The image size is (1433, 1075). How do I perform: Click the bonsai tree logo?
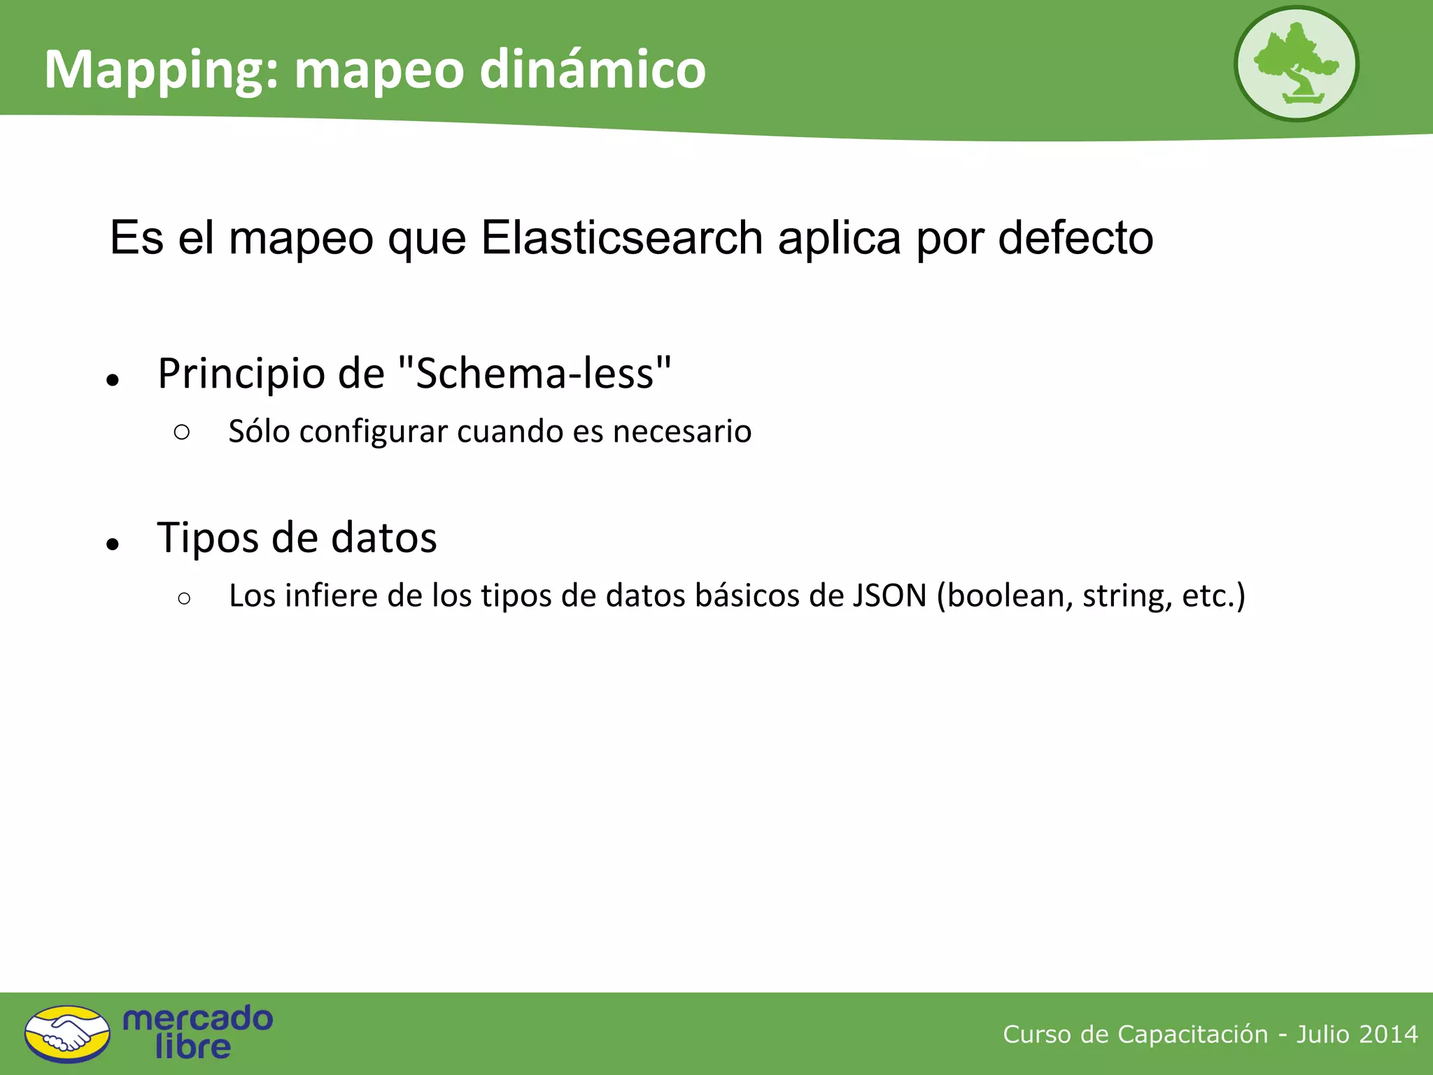click(x=1296, y=64)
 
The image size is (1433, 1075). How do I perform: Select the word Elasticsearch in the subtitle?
click(x=621, y=238)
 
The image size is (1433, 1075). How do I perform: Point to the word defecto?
click(x=1075, y=238)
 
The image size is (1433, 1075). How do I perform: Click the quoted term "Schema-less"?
click(x=534, y=373)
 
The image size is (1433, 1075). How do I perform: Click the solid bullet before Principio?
click(x=113, y=381)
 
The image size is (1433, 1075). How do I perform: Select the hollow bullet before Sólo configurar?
click(x=182, y=433)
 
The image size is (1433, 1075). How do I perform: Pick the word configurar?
click(x=374, y=432)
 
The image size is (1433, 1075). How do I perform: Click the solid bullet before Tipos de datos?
click(x=113, y=544)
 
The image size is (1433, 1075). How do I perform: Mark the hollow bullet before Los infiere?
click(x=184, y=598)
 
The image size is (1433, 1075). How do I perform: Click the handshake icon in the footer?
click(x=67, y=1034)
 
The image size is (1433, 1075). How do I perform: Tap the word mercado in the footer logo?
click(x=197, y=1019)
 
